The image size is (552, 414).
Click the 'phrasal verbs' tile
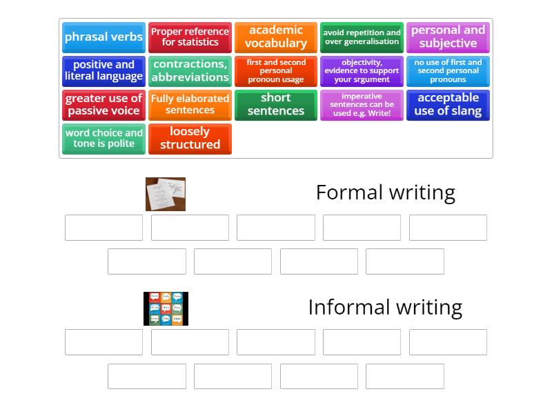click(x=103, y=37)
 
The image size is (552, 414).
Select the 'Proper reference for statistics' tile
click(x=190, y=37)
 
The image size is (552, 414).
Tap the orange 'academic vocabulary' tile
click(x=276, y=37)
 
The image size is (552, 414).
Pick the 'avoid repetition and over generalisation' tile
click(x=362, y=37)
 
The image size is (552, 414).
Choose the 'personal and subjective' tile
click(x=448, y=37)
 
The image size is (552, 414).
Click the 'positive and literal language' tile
click(x=103, y=71)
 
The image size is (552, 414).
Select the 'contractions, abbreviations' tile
click(x=190, y=71)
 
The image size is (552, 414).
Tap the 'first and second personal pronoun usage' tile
click(x=276, y=71)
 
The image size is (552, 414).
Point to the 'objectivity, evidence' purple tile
click(x=362, y=71)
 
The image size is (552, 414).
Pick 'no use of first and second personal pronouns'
click(x=448, y=71)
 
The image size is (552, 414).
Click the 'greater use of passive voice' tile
click(x=103, y=105)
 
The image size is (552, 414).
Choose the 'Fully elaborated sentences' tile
click(x=190, y=105)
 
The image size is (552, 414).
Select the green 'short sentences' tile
click(x=276, y=105)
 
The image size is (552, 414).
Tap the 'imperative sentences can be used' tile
click(x=362, y=105)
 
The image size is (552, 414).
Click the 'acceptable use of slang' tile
click(x=448, y=105)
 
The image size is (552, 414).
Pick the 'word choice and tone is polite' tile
click(x=103, y=139)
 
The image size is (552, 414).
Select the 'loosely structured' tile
click(x=190, y=139)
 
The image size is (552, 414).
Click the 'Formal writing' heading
click(x=385, y=193)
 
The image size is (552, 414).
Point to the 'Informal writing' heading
click(x=385, y=307)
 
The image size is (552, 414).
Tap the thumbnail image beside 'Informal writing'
click(x=166, y=308)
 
